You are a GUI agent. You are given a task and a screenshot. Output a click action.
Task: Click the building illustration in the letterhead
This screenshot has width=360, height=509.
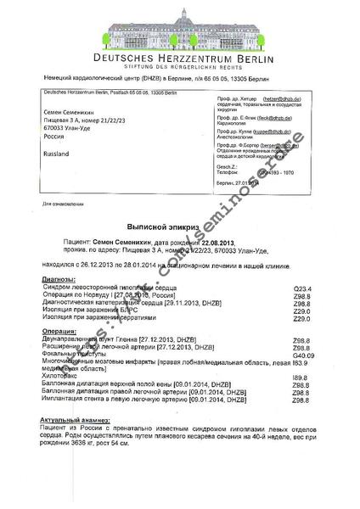pyautogui.click(x=181, y=30)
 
